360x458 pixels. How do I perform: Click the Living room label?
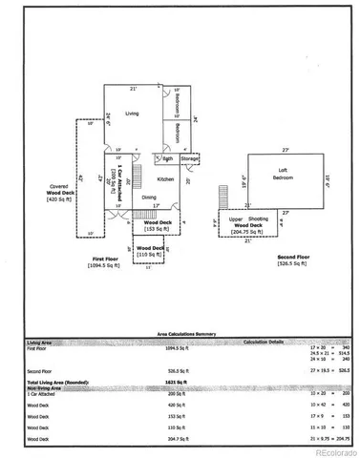[x=132, y=114]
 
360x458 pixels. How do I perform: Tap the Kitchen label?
[x=165, y=179]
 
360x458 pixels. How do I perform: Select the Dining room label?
[x=149, y=198]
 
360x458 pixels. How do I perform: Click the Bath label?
[x=167, y=158]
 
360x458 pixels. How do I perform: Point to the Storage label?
[x=190, y=158]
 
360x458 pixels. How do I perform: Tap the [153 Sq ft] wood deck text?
[x=150, y=230]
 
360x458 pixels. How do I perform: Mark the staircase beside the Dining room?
[x=137, y=177]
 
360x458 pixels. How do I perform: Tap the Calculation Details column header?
[x=270, y=341]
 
